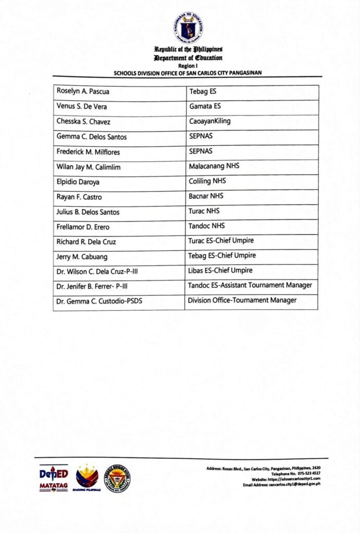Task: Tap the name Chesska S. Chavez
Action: click(84, 122)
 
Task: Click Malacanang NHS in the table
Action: click(214, 167)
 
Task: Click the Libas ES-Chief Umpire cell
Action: click(220, 271)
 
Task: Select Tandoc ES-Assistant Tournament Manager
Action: click(250, 285)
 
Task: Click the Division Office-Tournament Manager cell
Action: click(242, 300)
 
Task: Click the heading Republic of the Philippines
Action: click(188, 49)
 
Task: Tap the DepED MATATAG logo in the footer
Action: click(53, 478)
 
